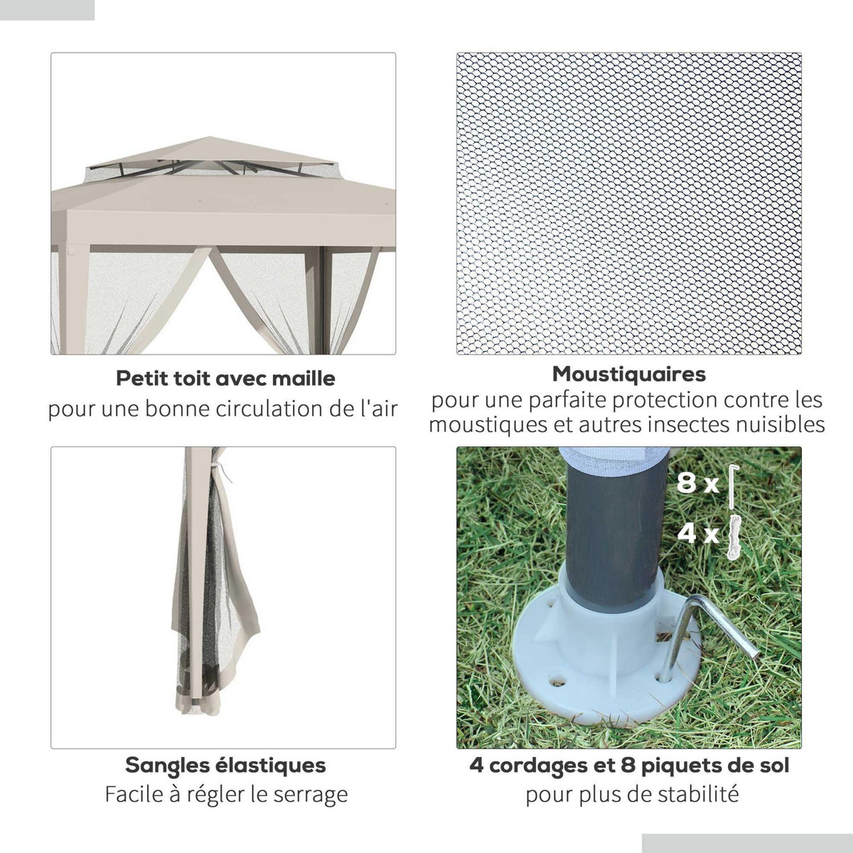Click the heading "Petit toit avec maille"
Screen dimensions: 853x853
pyautogui.click(x=225, y=377)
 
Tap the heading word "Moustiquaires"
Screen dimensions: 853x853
pyautogui.click(x=629, y=373)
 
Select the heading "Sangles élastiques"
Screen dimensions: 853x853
pyautogui.click(x=225, y=765)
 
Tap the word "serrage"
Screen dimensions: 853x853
pyautogui.click(x=313, y=793)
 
